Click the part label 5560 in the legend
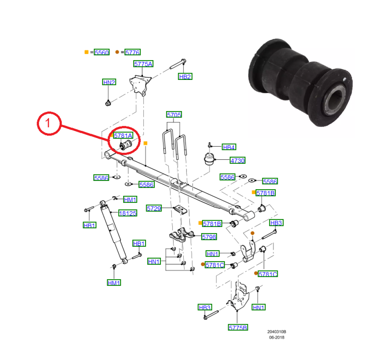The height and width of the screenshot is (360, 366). pos(101,52)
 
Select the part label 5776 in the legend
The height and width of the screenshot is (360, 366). pos(132,52)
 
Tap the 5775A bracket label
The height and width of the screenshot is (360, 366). pos(143,64)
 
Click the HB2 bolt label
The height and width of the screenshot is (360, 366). pos(185,77)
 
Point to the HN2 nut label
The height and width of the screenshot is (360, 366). pos(109,82)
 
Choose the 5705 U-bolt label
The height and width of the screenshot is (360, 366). pos(174,115)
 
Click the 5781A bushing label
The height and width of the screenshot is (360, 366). pos(123,136)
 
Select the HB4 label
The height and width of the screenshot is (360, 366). pos(229,147)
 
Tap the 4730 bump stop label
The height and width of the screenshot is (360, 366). pos(237,160)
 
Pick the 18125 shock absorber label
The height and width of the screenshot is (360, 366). pos(127,213)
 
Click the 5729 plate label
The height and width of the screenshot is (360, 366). pos(154,208)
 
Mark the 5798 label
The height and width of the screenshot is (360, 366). pos(209,237)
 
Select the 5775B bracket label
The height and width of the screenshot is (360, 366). pos(238,327)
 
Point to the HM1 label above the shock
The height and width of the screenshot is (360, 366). pos(130,199)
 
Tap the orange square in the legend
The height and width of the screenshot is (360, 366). pos(86,52)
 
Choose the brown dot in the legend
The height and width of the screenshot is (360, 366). pos(117,52)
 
